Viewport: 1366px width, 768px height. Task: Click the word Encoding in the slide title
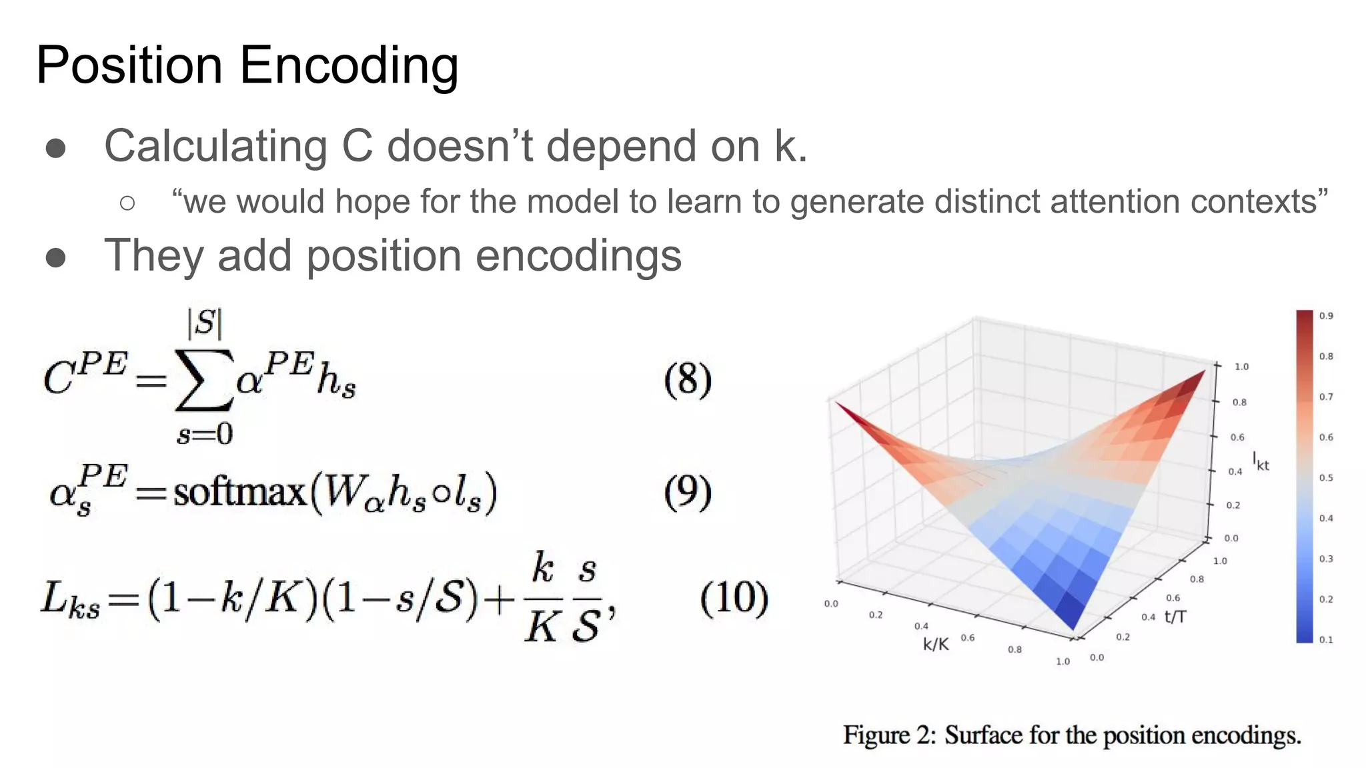click(x=348, y=66)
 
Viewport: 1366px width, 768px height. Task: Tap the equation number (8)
click(x=688, y=380)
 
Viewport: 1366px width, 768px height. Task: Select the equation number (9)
click(x=688, y=492)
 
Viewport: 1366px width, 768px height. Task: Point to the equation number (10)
click(x=734, y=597)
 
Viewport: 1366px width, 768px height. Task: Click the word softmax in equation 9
click(x=239, y=493)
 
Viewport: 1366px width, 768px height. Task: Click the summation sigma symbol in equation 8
click(x=203, y=381)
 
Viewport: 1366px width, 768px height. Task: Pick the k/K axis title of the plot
click(x=935, y=644)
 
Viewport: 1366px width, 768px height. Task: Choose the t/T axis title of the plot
click(x=1175, y=617)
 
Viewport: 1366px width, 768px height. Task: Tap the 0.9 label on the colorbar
click(x=1326, y=316)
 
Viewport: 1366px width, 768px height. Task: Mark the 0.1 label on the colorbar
click(x=1326, y=640)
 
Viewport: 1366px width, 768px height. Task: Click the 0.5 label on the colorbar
click(x=1326, y=478)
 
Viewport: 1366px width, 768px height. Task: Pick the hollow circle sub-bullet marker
click(x=127, y=203)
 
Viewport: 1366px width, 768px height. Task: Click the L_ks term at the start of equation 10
click(x=70, y=598)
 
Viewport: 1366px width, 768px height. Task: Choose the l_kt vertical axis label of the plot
click(x=1260, y=461)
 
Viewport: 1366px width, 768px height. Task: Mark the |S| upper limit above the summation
click(x=204, y=324)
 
